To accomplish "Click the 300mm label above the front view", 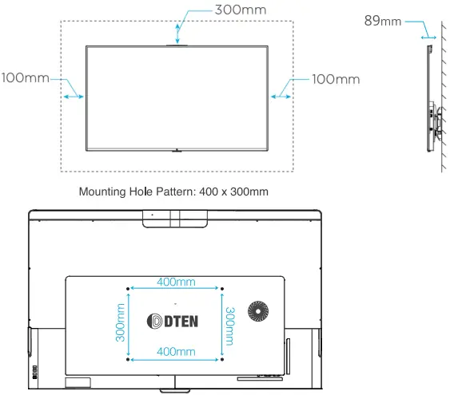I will click(239, 10).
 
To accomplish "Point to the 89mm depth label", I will click(382, 21).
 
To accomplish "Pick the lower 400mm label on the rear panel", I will click(176, 352).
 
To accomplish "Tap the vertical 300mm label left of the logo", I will click(121, 321).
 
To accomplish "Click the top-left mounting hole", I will click(129, 288).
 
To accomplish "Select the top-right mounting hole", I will click(222, 288).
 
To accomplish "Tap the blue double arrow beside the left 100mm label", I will click(73, 96).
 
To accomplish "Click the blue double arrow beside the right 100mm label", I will click(281, 96).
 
